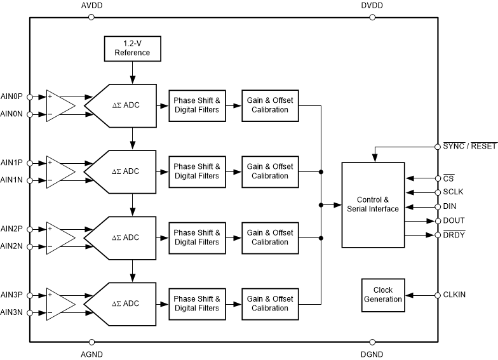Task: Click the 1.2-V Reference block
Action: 132,48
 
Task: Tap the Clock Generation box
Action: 383,295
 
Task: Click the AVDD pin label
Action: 91,6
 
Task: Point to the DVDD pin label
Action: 372,6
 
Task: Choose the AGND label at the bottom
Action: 91,354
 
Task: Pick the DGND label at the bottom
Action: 372,354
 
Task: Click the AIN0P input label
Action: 12,96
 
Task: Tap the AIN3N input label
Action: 12,312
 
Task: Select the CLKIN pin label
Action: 454,295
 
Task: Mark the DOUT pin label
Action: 454,220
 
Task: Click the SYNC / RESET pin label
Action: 470,146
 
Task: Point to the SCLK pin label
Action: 454,192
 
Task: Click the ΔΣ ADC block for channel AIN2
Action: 124,237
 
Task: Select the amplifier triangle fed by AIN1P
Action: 60,171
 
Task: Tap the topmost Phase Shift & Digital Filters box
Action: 196,105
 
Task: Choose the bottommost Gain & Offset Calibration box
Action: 270,303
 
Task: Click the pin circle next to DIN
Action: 438,206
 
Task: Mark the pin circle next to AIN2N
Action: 30,246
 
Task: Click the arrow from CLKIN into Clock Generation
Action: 419,295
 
